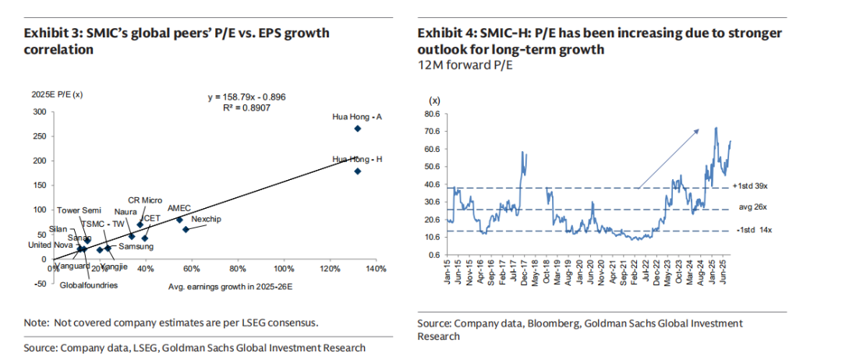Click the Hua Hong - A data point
[358, 129]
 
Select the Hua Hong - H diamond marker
[358, 171]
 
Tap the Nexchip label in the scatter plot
[206, 220]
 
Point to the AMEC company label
[179, 209]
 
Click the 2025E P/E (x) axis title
[51, 94]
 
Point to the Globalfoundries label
[89, 285]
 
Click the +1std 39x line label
[756, 187]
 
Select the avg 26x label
[752, 209]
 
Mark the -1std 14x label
[755, 231]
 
